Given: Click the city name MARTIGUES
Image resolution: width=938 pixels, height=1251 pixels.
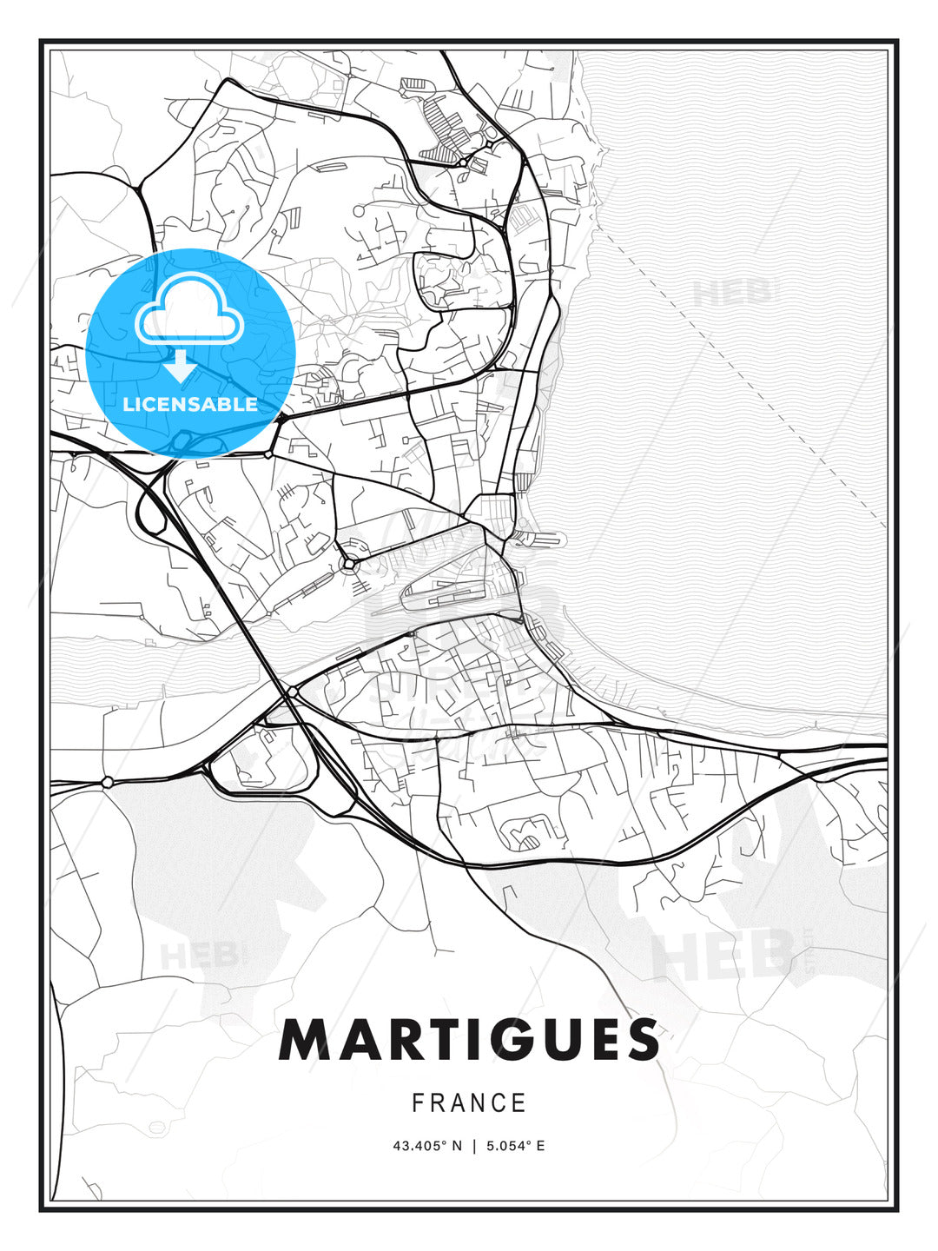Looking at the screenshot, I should tap(469, 1040).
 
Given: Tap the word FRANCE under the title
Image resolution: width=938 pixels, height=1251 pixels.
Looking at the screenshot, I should tap(469, 1103).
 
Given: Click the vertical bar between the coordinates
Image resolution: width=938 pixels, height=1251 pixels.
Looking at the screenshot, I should tap(473, 1146).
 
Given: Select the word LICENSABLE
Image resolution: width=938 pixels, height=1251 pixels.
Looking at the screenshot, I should tap(190, 404).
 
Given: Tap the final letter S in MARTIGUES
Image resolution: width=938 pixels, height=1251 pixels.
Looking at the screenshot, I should tap(640, 1040).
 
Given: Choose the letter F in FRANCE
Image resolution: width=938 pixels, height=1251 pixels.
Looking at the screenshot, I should tap(418, 1103).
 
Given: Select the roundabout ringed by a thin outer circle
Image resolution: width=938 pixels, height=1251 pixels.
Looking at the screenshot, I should tap(349, 564).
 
